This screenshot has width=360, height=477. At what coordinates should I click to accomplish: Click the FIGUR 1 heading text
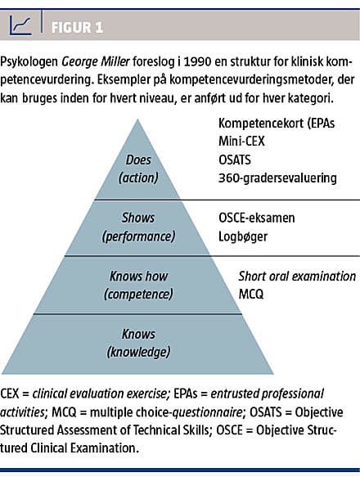77,27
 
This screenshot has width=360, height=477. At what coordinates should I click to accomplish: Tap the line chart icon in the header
20,25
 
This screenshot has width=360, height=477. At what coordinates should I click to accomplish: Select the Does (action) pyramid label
138,169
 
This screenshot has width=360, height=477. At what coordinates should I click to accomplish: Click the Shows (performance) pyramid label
138,227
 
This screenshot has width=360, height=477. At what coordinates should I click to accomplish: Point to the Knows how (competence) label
138,285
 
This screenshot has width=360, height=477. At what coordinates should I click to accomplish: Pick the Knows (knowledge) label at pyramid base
138,343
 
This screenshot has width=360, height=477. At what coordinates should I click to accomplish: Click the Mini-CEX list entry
241,142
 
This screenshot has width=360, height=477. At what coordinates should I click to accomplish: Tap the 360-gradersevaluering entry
277,178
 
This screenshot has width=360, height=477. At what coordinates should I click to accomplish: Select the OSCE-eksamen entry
257,218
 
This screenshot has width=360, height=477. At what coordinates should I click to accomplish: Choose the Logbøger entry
243,236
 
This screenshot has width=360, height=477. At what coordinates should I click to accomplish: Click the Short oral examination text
297,277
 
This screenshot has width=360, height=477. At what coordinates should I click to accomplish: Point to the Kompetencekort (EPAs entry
277,124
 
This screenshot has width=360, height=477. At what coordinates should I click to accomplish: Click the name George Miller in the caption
96,61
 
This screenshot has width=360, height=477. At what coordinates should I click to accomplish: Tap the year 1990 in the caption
197,61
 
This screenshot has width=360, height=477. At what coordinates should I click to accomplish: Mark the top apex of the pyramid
137,119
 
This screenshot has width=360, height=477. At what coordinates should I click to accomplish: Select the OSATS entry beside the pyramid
235,160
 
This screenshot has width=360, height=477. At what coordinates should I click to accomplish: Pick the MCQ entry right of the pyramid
251,295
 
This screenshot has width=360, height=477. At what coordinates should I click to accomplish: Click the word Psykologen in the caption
29,61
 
